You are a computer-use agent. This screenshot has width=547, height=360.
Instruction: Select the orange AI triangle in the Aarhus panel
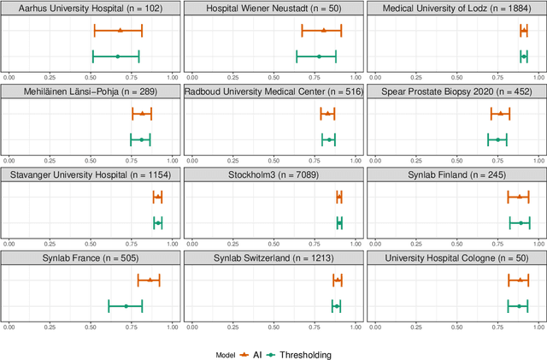(x=120, y=30)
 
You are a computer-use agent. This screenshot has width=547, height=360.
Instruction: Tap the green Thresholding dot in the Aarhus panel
(x=117, y=56)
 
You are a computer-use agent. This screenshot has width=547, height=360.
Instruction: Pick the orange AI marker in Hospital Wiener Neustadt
(x=324, y=30)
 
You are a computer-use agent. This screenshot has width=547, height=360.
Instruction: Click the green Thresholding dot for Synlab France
(x=126, y=306)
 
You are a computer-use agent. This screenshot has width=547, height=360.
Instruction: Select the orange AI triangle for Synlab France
(x=150, y=280)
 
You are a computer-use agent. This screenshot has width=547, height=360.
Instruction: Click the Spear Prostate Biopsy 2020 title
(x=456, y=92)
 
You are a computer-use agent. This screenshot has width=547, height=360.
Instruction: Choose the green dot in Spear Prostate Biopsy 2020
(x=497, y=139)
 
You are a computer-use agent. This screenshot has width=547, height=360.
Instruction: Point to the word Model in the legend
(x=225, y=353)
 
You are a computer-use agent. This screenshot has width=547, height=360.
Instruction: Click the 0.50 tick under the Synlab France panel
(x=91, y=326)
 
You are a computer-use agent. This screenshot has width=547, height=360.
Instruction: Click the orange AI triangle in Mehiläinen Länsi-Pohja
(x=142, y=113)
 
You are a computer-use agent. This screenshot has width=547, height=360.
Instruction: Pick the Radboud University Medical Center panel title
(x=273, y=92)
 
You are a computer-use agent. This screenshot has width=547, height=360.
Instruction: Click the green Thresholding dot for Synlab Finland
(x=521, y=222)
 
